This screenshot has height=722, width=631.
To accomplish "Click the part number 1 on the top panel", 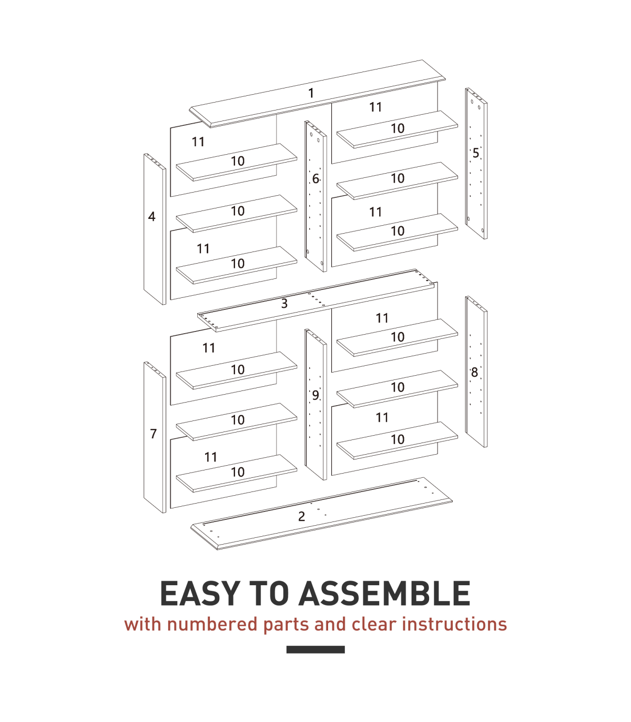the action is tap(311, 93).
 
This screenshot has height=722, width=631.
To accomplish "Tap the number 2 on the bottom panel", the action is tap(301, 517).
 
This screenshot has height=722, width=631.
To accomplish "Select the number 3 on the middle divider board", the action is tap(284, 304).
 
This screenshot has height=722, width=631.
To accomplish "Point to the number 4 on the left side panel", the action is tap(151, 216).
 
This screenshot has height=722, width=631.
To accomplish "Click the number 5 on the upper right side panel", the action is tap(476, 153).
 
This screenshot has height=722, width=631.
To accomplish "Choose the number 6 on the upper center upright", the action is tap(315, 179).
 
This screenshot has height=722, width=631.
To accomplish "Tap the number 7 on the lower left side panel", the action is tap(154, 434).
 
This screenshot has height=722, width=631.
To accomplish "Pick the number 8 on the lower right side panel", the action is tap(474, 372).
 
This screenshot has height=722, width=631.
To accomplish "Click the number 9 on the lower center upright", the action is tap(315, 395).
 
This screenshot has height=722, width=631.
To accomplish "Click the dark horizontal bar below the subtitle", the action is tap(315, 650).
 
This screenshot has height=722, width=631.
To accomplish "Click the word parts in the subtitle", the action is tap(286, 625).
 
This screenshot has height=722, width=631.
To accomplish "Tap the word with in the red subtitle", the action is tap(143, 624).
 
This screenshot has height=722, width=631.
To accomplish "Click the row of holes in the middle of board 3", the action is tap(316, 299).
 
